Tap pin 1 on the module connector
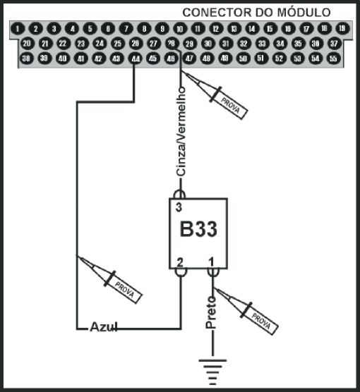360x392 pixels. coord(18,29)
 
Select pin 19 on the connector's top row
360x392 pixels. coord(342,29)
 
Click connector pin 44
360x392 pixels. coord(135,59)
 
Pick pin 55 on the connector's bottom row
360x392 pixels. coord(333,59)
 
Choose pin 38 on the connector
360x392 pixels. coord(26,59)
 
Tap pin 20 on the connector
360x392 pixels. coord(27,44)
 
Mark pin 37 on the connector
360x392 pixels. coord(333,44)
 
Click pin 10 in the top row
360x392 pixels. coord(180,29)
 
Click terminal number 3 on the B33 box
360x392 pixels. coord(179,207)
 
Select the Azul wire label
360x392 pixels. coord(103,328)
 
